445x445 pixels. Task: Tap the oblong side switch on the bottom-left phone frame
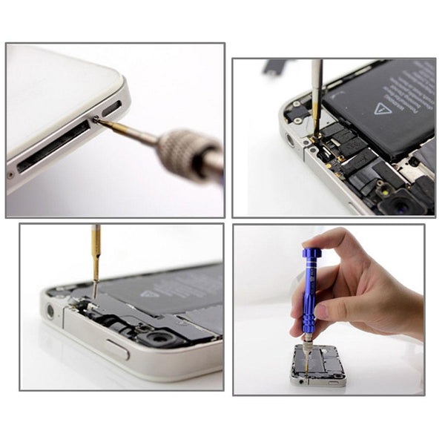click(x=116, y=349)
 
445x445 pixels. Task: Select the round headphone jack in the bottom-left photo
click(x=51, y=310)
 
